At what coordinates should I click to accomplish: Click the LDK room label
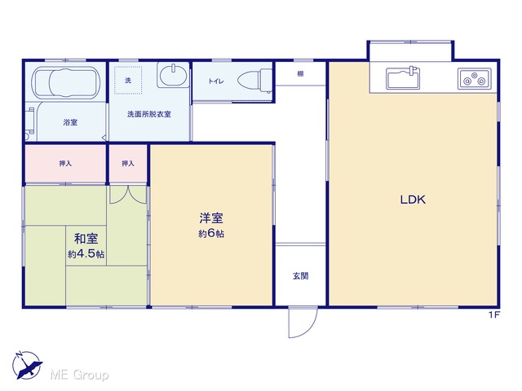413,200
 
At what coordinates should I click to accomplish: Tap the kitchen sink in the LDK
403,77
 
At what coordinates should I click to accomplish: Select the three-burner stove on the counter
475,78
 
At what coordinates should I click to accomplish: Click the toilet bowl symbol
254,81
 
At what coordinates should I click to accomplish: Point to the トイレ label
216,81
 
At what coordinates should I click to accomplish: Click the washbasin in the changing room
173,75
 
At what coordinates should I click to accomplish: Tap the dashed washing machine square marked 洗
128,80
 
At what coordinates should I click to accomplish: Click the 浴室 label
70,122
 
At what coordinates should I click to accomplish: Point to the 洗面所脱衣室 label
149,114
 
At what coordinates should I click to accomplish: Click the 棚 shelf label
300,74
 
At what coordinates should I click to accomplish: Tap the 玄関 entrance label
300,275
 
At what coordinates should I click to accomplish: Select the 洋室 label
211,218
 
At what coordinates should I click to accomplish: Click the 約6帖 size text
211,234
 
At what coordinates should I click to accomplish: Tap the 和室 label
86,239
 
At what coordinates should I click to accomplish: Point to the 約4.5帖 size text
86,254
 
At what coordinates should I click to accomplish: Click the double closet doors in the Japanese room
128,195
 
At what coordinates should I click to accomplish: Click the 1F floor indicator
494,315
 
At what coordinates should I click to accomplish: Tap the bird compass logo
27,365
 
